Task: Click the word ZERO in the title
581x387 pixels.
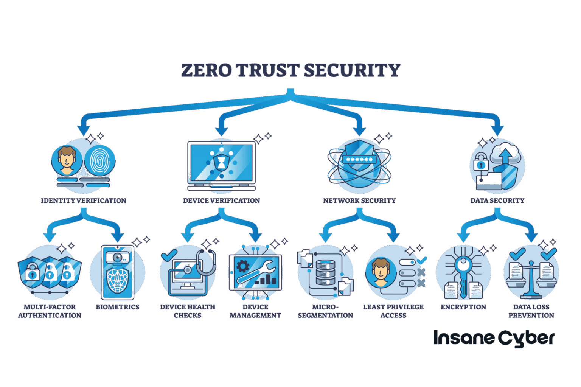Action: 206,70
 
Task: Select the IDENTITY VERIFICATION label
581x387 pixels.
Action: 84,200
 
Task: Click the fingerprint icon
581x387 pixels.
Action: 100,161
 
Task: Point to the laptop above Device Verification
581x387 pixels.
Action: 221,166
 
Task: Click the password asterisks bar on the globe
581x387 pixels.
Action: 359,159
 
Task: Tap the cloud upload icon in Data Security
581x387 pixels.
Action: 506,154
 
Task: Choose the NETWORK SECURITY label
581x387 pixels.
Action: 359,200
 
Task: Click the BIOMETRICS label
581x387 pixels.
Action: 118,307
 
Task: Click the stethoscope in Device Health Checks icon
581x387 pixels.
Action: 207,263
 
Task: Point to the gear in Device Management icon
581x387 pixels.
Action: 243,266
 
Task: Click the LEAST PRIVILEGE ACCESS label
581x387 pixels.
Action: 393,311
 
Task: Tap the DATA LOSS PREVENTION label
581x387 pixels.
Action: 531,311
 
